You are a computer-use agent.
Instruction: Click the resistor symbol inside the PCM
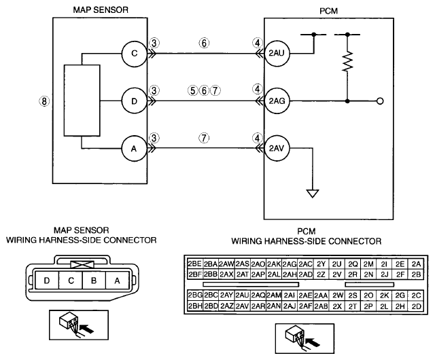click(x=347, y=61)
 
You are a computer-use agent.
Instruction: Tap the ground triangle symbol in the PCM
click(x=313, y=194)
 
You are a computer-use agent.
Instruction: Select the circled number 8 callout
click(x=44, y=101)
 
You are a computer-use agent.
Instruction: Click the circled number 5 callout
click(x=192, y=90)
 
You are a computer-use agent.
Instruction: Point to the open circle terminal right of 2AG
click(x=381, y=101)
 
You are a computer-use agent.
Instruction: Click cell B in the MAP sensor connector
click(x=94, y=281)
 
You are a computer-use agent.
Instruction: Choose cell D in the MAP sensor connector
click(x=47, y=281)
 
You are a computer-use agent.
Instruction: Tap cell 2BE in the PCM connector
click(x=195, y=264)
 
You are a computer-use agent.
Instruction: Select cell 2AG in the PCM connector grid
click(x=290, y=264)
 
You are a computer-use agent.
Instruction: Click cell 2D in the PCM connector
click(x=417, y=306)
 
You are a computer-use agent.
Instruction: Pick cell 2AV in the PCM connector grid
click(x=243, y=306)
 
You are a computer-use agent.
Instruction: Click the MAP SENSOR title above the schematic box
click(x=101, y=10)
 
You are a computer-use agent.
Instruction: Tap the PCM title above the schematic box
click(x=329, y=11)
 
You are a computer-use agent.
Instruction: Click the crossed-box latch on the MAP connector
click(x=82, y=264)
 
